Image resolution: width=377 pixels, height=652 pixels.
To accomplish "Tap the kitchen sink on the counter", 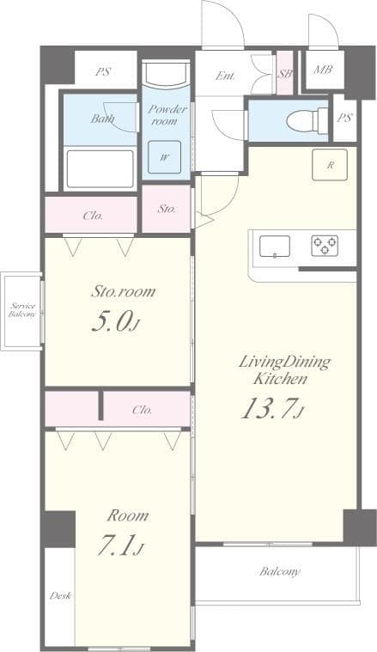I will [x=275, y=247].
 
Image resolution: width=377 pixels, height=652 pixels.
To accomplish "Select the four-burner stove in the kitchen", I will [x=325, y=247].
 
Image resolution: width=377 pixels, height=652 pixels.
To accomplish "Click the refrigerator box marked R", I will [x=330, y=166].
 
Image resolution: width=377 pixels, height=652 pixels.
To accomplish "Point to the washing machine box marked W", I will [x=164, y=157].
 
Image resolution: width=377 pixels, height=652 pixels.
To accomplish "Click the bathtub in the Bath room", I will [x=100, y=168].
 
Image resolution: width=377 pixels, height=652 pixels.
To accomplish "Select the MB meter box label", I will [x=323, y=70].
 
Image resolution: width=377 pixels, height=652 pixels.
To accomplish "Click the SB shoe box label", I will [x=285, y=74].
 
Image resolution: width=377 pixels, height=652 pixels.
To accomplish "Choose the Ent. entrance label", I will [x=225, y=76].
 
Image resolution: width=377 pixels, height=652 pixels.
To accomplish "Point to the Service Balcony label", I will [x=22, y=310].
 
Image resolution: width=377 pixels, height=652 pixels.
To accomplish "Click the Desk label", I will [x=60, y=595].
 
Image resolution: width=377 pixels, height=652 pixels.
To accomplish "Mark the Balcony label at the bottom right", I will [x=280, y=571].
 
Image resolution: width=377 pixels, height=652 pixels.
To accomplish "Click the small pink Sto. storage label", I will [x=166, y=209].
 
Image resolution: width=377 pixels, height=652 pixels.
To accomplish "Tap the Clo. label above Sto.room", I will [x=93, y=216].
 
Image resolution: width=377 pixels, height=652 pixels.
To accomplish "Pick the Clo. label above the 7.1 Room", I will [x=143, y=410].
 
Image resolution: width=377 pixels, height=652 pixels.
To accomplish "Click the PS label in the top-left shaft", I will [x=104, y=73].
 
